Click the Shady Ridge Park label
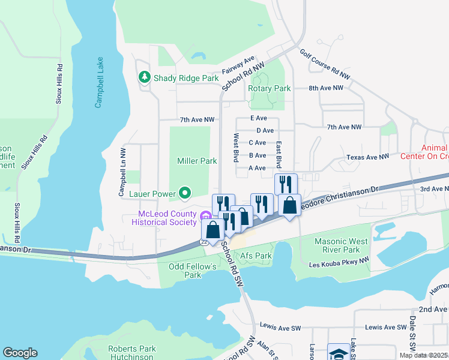[x=186, y=78]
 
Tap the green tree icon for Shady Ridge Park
[x=144, y=77]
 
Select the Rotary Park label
[x=270, y=88]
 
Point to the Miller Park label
[x=197, y=161]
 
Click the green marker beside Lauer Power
[x=185, y=193]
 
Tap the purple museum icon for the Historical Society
[x=206, y=215]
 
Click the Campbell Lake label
[x=99, y=83]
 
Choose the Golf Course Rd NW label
[x=325, y=65]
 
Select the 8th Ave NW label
[x=326, y=88]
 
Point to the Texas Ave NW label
[x=367, y=157]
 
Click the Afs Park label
[x=256, y=256]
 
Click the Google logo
[x=20, y=353]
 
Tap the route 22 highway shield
[x=203, y=241]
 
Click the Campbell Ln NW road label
[x=122, y=173]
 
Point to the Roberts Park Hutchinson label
[x=131, y=353]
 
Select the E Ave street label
[x=258, y=118]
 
